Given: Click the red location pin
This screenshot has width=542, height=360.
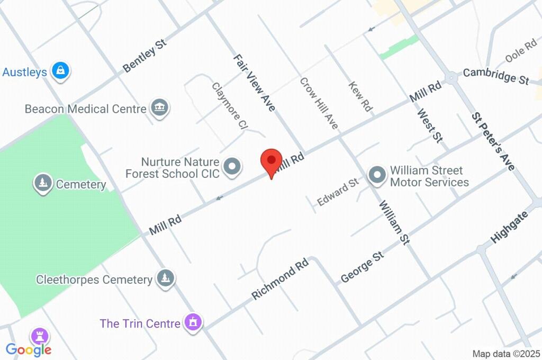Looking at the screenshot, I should (272, 160).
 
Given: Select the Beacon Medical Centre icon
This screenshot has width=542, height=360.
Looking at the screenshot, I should (159, 108).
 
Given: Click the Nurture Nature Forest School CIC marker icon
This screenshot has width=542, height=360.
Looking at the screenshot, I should (232, 167).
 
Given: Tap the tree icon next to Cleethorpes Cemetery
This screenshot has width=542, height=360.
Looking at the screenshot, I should (166, 278).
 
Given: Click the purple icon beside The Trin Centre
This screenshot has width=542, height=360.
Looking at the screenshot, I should (193, 322).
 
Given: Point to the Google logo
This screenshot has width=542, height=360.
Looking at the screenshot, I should (29, 349).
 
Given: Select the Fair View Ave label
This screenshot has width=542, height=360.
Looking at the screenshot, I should (255, 83).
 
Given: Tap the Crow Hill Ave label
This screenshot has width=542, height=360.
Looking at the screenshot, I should (319, 103).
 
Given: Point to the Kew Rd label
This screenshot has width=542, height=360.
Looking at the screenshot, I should (360, 96).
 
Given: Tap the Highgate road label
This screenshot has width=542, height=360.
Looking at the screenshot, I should (509, 227).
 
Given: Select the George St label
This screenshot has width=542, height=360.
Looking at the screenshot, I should (362, 267).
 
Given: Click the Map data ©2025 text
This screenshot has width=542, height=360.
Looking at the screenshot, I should (505, 354).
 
